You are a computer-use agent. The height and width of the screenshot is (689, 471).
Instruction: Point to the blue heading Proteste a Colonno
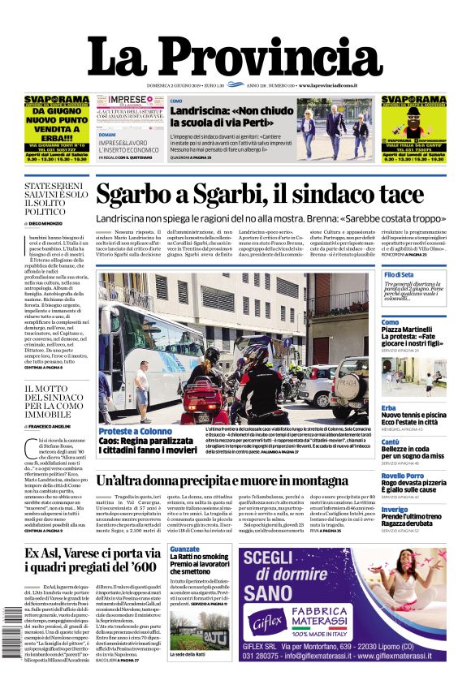[136, 430]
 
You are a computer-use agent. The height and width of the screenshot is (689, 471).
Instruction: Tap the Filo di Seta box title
[400, 275]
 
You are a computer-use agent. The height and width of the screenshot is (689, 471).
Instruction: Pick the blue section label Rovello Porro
[402, 476]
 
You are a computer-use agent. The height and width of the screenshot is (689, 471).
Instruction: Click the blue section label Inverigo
[395, 510]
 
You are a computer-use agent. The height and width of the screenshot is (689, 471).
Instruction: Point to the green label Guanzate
[185, 549]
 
